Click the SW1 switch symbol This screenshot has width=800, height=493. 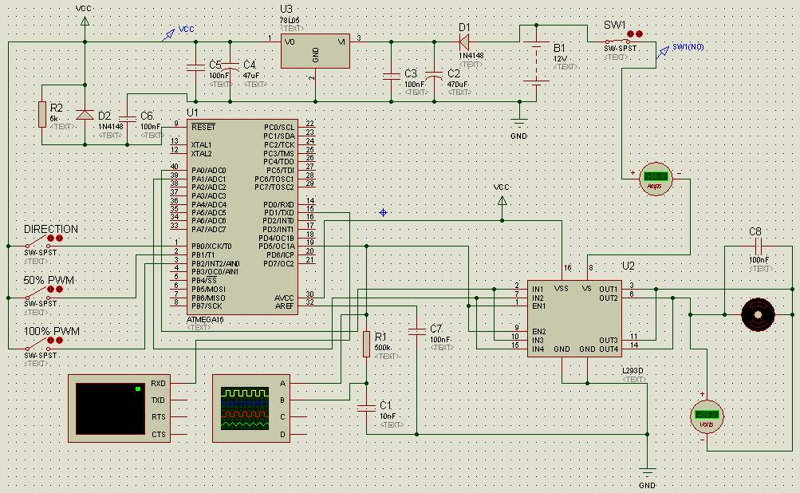[621, 41]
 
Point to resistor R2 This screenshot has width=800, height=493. [41, 114]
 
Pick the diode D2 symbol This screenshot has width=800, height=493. [85, 114]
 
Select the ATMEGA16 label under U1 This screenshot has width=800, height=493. [205, 319]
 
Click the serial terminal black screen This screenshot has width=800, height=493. [109, 408]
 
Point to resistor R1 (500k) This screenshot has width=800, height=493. [366, 344]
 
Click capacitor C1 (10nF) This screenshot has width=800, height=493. [366, 408]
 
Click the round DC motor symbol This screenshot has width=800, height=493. [758, 314]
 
